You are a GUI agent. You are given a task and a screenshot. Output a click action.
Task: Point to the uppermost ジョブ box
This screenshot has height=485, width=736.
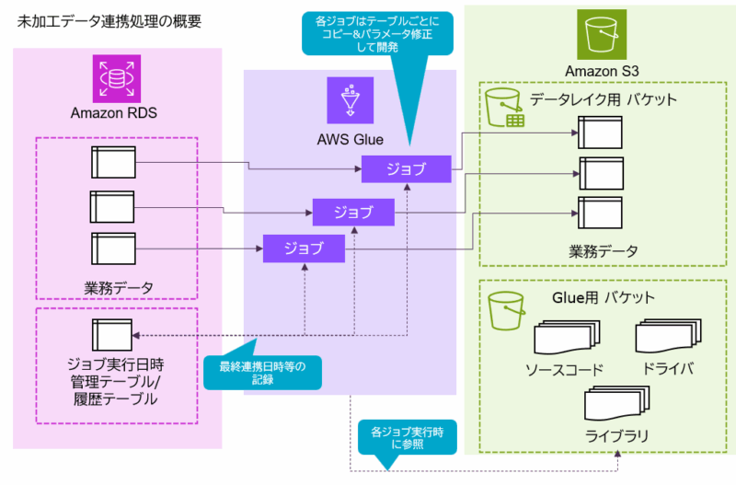(x=406, y=169)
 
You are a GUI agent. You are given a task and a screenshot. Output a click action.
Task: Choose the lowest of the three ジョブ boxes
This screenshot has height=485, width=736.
(x=304, y=248)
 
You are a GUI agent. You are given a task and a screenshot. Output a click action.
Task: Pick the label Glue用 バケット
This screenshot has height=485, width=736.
(x=603, y=297)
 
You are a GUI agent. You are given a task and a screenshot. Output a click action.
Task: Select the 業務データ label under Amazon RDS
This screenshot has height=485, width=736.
(x=113, y=288)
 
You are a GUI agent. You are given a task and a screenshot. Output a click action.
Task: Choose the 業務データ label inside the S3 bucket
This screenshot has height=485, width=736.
(x=603, y=250)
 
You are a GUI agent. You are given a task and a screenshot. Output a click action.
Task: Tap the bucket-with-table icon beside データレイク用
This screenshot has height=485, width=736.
(x=504, y=107)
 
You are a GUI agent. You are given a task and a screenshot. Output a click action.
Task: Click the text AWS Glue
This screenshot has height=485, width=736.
(x=350, y=140)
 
